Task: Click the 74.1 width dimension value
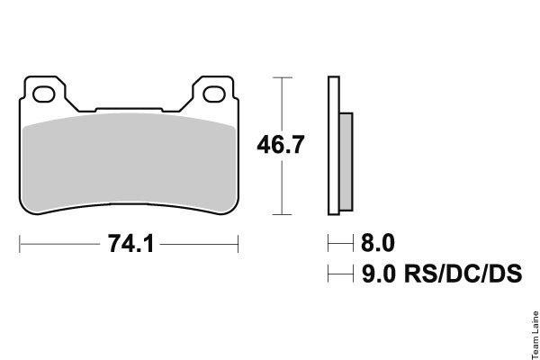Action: click(130, 244)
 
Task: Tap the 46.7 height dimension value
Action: click(281, 144)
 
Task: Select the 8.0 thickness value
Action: click(378, 243)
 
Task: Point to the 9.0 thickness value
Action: click(379, 274)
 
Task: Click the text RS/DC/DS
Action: click(463, 274)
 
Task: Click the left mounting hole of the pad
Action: click(44, 94)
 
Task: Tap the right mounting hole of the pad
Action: click(214, 94)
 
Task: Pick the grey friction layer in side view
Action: click(346, 162)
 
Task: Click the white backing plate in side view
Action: click(334, 146)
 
